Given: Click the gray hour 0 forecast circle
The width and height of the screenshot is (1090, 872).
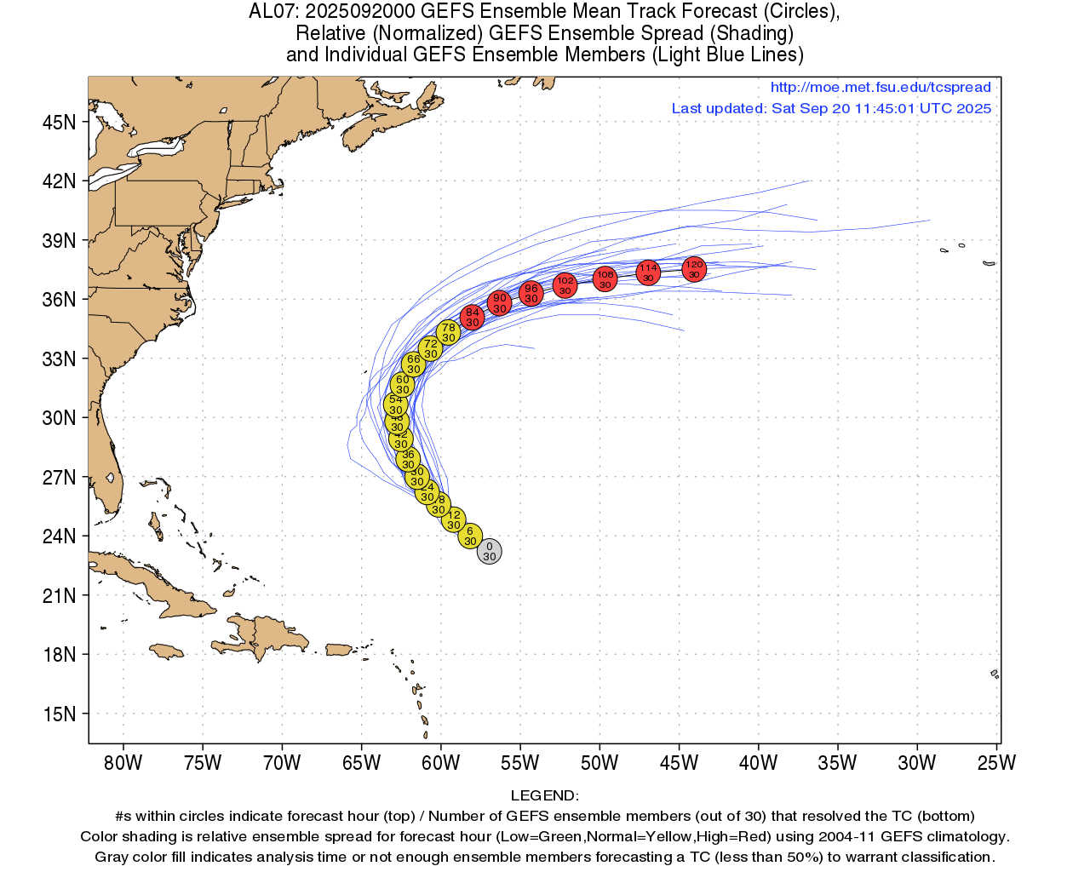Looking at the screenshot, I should pos(489,552).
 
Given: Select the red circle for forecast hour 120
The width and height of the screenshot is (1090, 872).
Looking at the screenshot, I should pos(694,269).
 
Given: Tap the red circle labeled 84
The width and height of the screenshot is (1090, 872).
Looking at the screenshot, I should pos(472,318).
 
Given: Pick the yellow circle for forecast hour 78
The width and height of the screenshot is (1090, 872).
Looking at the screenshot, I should pos(448,333).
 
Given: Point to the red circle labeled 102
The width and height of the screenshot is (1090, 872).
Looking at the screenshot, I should pos(565,285).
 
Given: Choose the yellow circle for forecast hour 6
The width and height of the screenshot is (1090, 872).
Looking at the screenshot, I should pos(470,536).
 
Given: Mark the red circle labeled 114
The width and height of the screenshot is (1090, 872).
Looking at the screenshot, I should pos(648,272).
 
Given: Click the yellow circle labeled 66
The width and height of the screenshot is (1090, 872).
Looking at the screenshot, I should pos(413,364).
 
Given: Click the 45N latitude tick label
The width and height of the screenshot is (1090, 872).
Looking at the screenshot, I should pos(59,122).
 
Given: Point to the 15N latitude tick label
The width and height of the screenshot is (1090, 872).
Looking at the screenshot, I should pos(59,714).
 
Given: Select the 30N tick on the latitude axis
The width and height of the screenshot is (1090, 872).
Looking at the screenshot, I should pos(59,417).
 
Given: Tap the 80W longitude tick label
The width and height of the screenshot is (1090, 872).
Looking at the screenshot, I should pos(123,763).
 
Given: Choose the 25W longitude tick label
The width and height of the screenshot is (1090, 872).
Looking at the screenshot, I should pos(996,763).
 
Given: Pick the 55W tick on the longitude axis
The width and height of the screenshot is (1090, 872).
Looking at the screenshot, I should pos(519,763).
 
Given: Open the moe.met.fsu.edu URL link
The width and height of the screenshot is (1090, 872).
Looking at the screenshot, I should pos(880,87).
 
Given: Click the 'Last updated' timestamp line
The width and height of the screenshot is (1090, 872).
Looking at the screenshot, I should pos(831,108).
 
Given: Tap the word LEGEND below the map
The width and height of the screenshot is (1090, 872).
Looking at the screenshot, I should pos(544,795).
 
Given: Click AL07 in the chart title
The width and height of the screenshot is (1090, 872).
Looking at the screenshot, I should pos(272,11).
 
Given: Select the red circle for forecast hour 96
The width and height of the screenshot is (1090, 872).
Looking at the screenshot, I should pos(531,293).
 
